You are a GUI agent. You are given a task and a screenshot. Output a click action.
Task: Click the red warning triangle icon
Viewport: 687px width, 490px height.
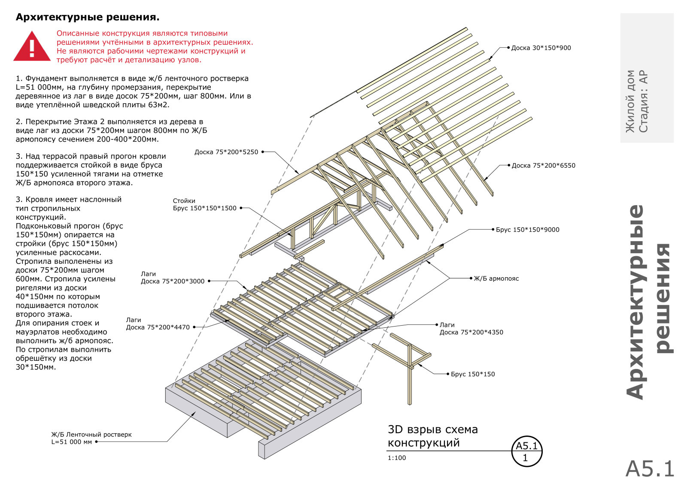[x=32, y=46]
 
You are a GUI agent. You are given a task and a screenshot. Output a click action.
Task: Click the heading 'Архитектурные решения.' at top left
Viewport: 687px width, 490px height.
[x=88, y=17]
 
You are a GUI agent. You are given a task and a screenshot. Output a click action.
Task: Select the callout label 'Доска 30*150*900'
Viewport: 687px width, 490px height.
[x=541, y=48]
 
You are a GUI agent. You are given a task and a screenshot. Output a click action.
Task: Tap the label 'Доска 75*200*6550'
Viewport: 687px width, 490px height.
[x=543, y=166]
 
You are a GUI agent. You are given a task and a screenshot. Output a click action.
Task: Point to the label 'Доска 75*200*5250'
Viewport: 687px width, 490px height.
[x=226, y=152]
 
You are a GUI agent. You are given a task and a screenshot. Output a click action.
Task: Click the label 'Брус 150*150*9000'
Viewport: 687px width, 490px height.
[x=528, y=230]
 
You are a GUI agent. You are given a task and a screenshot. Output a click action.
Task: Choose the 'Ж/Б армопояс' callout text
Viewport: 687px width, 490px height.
[x=496, y=278]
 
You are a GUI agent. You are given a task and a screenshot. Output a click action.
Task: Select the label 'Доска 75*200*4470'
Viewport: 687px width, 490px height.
[x=158, y=327]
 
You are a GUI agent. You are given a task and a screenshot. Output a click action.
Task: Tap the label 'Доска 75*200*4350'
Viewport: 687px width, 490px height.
[x=471, y=332]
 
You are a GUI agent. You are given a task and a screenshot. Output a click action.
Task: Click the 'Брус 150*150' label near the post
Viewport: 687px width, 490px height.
[x=473, y=374]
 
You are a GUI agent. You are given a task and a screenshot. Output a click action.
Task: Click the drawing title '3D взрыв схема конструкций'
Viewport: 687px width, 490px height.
[x=432, y=436]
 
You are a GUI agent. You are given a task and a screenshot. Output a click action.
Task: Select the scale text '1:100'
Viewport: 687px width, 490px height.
[x=397, y=458]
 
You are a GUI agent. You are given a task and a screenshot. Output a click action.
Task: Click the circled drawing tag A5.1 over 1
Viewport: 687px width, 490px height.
[x=527, y=452]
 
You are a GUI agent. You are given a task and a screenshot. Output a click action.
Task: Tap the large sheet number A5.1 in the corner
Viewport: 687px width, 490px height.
[x=650, y=469]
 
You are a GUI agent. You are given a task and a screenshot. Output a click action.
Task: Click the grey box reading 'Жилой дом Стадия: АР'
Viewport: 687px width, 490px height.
[x=647, y=78]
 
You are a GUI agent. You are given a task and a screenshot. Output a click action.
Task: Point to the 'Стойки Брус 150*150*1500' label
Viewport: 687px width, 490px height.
[x=204, y=205]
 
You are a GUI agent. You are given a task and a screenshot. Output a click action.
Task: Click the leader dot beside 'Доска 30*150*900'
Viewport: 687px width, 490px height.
[x=508, y=48]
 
